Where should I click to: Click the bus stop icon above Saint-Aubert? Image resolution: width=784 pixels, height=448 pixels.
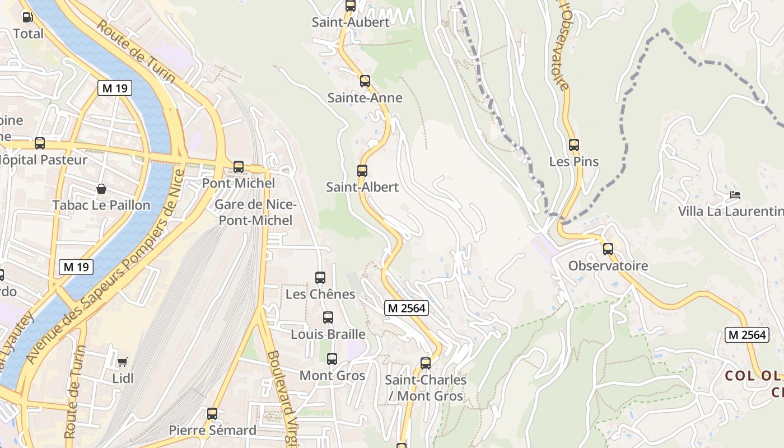(x=351, y=6)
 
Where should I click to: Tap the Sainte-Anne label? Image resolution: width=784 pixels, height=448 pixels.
(x=365, y=98)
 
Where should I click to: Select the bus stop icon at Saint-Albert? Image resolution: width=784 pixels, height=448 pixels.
(x=362, y=171)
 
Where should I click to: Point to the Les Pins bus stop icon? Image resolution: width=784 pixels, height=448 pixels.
(x=574, y=145)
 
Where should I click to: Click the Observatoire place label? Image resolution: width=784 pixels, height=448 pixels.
(x=608, y=266)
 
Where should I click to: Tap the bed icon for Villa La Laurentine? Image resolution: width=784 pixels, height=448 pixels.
(x=735, y=195)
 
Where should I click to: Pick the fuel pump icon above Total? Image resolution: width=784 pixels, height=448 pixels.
(x=27, y=17)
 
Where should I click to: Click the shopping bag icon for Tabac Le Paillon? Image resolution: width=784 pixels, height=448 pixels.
(x=101, y=189)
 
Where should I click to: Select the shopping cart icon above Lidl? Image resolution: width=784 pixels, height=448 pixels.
(x=123, y=362)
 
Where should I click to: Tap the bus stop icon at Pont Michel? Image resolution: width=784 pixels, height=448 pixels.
(x=239, y=167)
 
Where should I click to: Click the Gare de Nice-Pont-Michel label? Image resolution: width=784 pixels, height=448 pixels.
(x=255, y=212)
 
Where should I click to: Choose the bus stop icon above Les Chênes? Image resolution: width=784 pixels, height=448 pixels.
(x=320, y=278)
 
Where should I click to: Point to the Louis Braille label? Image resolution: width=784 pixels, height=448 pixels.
(x=328, y=334)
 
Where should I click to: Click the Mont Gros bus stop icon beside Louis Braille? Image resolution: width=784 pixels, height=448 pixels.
(x=332, y=359)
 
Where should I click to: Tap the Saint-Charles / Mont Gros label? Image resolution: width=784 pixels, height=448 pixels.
(x=426, y=388)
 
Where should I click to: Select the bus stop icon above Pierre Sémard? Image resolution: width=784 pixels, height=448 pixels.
(x=212, y=414)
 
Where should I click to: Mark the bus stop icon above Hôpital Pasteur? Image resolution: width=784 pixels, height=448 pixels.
(x=40, y=143)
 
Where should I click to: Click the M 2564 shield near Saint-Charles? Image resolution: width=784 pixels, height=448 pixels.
(x=407, y=307)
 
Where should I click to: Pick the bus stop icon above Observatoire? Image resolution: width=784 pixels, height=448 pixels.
(x=608, y=249)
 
